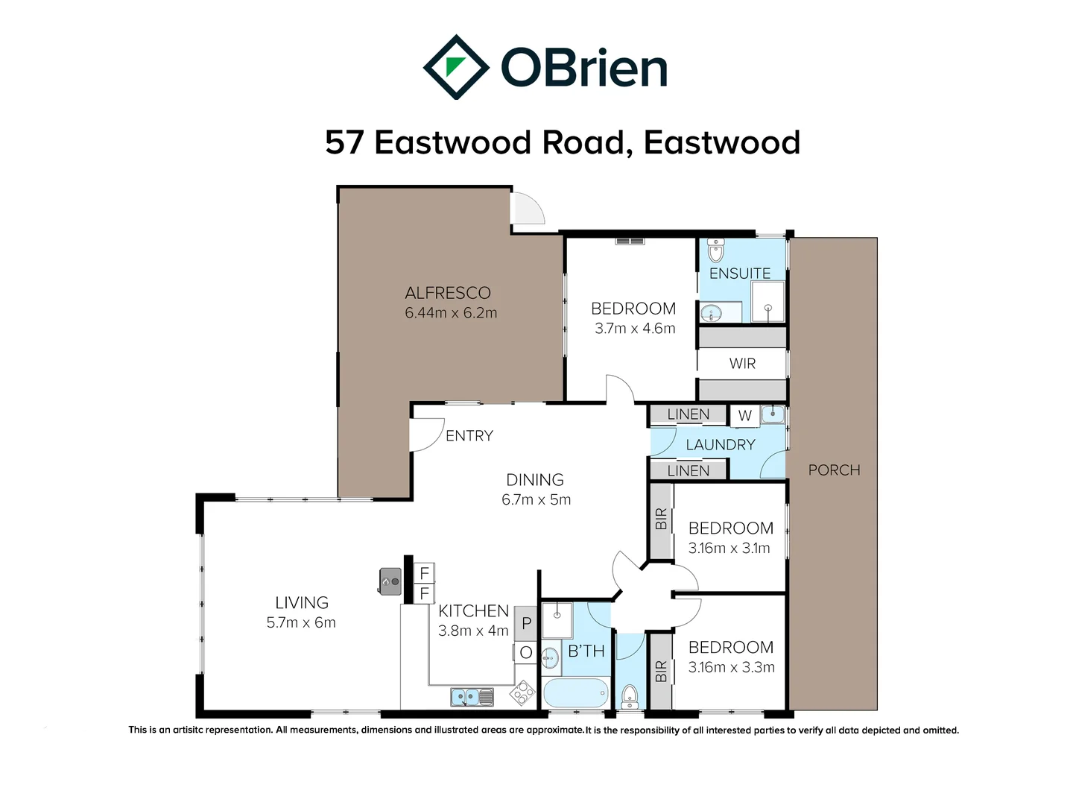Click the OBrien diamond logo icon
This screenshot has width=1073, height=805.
click(455, 67)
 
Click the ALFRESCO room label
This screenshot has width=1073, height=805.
click(448, 293)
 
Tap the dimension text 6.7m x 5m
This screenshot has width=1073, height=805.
click(536, 499)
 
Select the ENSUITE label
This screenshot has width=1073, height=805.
click(739, 274)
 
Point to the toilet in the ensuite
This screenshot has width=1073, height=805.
click(715, 250)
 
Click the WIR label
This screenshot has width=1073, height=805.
click(742, 363)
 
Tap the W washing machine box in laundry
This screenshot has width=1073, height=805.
click(744, 415)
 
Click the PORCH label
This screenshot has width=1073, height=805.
click(834, 470)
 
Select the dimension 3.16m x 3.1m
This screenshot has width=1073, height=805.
click(729, 548)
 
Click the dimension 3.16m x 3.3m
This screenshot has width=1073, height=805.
click(731, 667)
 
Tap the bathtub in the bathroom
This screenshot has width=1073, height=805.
click(577, 693)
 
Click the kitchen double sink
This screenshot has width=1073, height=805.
click(472, 697)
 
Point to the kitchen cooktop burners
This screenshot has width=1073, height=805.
click(522, 693)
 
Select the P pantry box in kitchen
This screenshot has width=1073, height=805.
click(526, 623)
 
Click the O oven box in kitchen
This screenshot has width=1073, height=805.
click(526, 653)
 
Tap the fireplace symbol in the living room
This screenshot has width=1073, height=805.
click(390, 581)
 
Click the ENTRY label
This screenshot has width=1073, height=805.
click(469, 435)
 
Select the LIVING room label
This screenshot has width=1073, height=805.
click(301, 602)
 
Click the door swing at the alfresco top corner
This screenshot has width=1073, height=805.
click(526, 209)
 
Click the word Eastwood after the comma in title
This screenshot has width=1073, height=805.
click(721, 142)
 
